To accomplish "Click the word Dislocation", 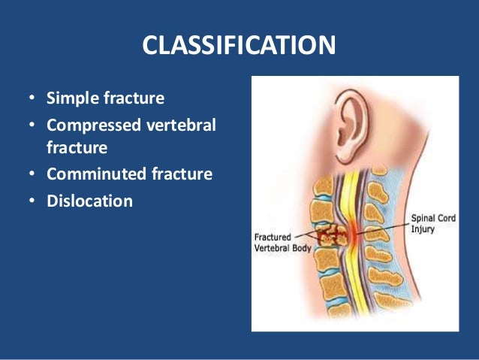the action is [89, 201].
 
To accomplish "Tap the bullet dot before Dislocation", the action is [31, 201].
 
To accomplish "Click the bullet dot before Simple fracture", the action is [31, 99].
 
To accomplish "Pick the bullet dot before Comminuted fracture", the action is [31, 176].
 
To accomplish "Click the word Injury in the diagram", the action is [421, 230].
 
